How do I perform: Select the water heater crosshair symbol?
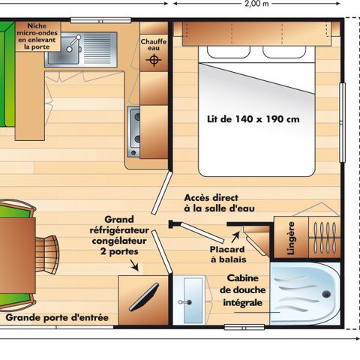[x=155, y=59]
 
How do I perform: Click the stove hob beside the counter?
[x=135, y=127]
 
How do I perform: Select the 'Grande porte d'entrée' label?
[x=58, y=318]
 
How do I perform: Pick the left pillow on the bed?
[x=229, y=53]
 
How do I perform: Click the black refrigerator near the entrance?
[x=142, y=296]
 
